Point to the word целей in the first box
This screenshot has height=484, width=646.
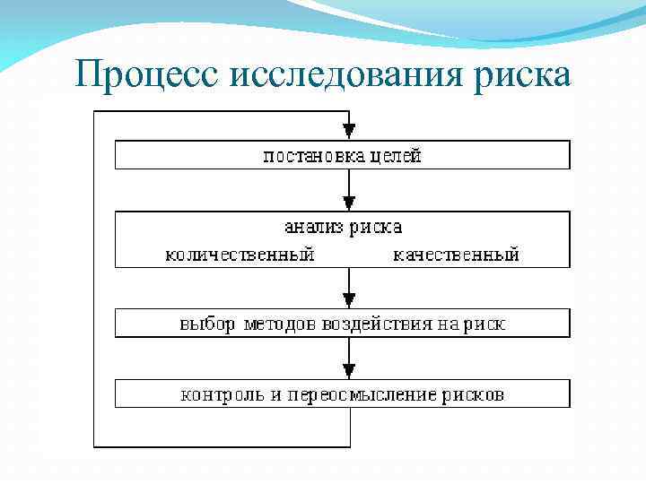click(x=396, y=156)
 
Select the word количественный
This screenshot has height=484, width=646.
click(x=240, y=255)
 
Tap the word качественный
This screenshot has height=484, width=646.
click(x=457, y=255)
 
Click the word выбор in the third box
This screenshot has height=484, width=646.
click(x=206, y=324)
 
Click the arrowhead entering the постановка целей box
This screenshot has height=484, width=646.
click(x=349, y=131)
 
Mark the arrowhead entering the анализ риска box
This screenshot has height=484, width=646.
click(x=349, y=203)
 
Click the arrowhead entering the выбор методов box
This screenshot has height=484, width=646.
click(x=349, y=299)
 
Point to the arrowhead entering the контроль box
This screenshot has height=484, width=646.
click(x=349, y=370)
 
